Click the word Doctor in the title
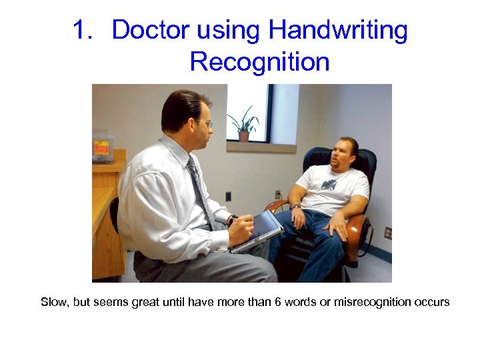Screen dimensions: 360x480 tap(150, 31)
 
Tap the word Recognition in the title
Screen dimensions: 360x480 tap(259, 62)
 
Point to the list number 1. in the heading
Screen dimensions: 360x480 tap(86, 31)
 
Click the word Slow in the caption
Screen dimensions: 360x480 tap(55, 302)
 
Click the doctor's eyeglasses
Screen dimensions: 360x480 tap(206, 123)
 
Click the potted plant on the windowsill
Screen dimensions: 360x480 tap(243, 124)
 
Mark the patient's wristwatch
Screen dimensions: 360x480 tap(295, 207)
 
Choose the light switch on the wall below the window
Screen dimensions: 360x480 tap(228, 196)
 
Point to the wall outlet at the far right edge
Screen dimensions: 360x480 tap(387, 233)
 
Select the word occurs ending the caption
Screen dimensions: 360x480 tap(433, 302)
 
